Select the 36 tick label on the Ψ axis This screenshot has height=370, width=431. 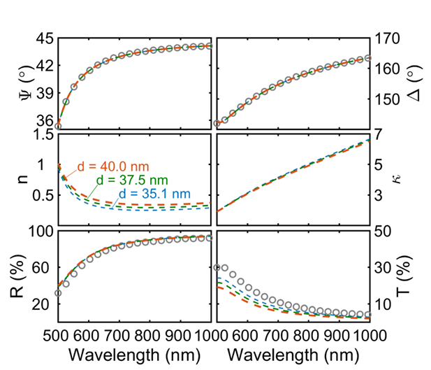[x=43, y=120]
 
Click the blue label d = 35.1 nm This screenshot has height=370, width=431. [x=150, y=193]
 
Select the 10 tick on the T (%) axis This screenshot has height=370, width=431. [x=385, y=304]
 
